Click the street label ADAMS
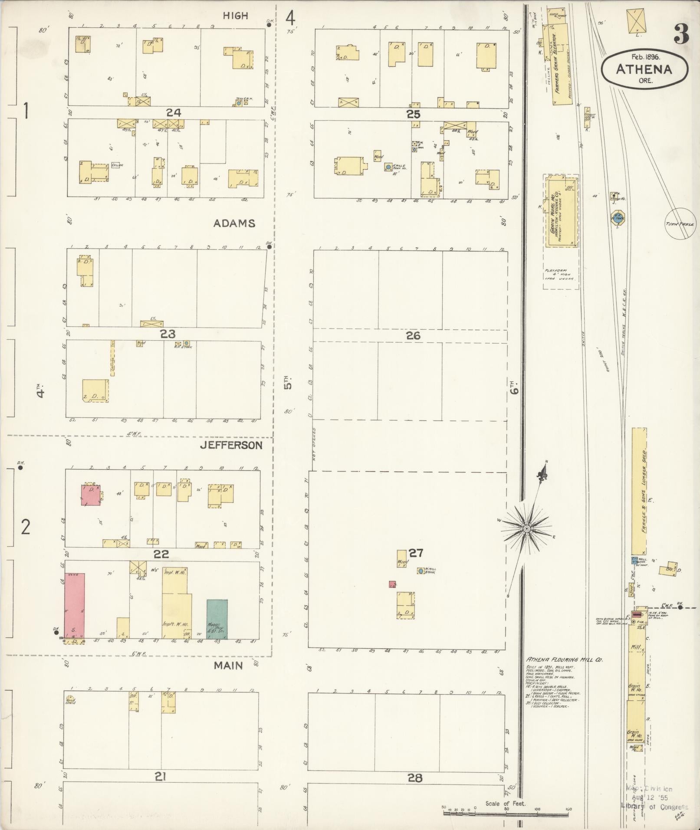tap(234, 223)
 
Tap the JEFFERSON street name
tap(231, 445)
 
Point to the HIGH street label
tap(235, 16)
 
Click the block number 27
tap(415, 553)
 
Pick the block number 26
tap(413, 335)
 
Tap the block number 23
tap(168, 334)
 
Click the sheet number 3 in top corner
tap(681, 35)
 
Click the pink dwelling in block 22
tap(91, 495)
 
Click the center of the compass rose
tap(526, 529)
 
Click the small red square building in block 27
tap(392, 584)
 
